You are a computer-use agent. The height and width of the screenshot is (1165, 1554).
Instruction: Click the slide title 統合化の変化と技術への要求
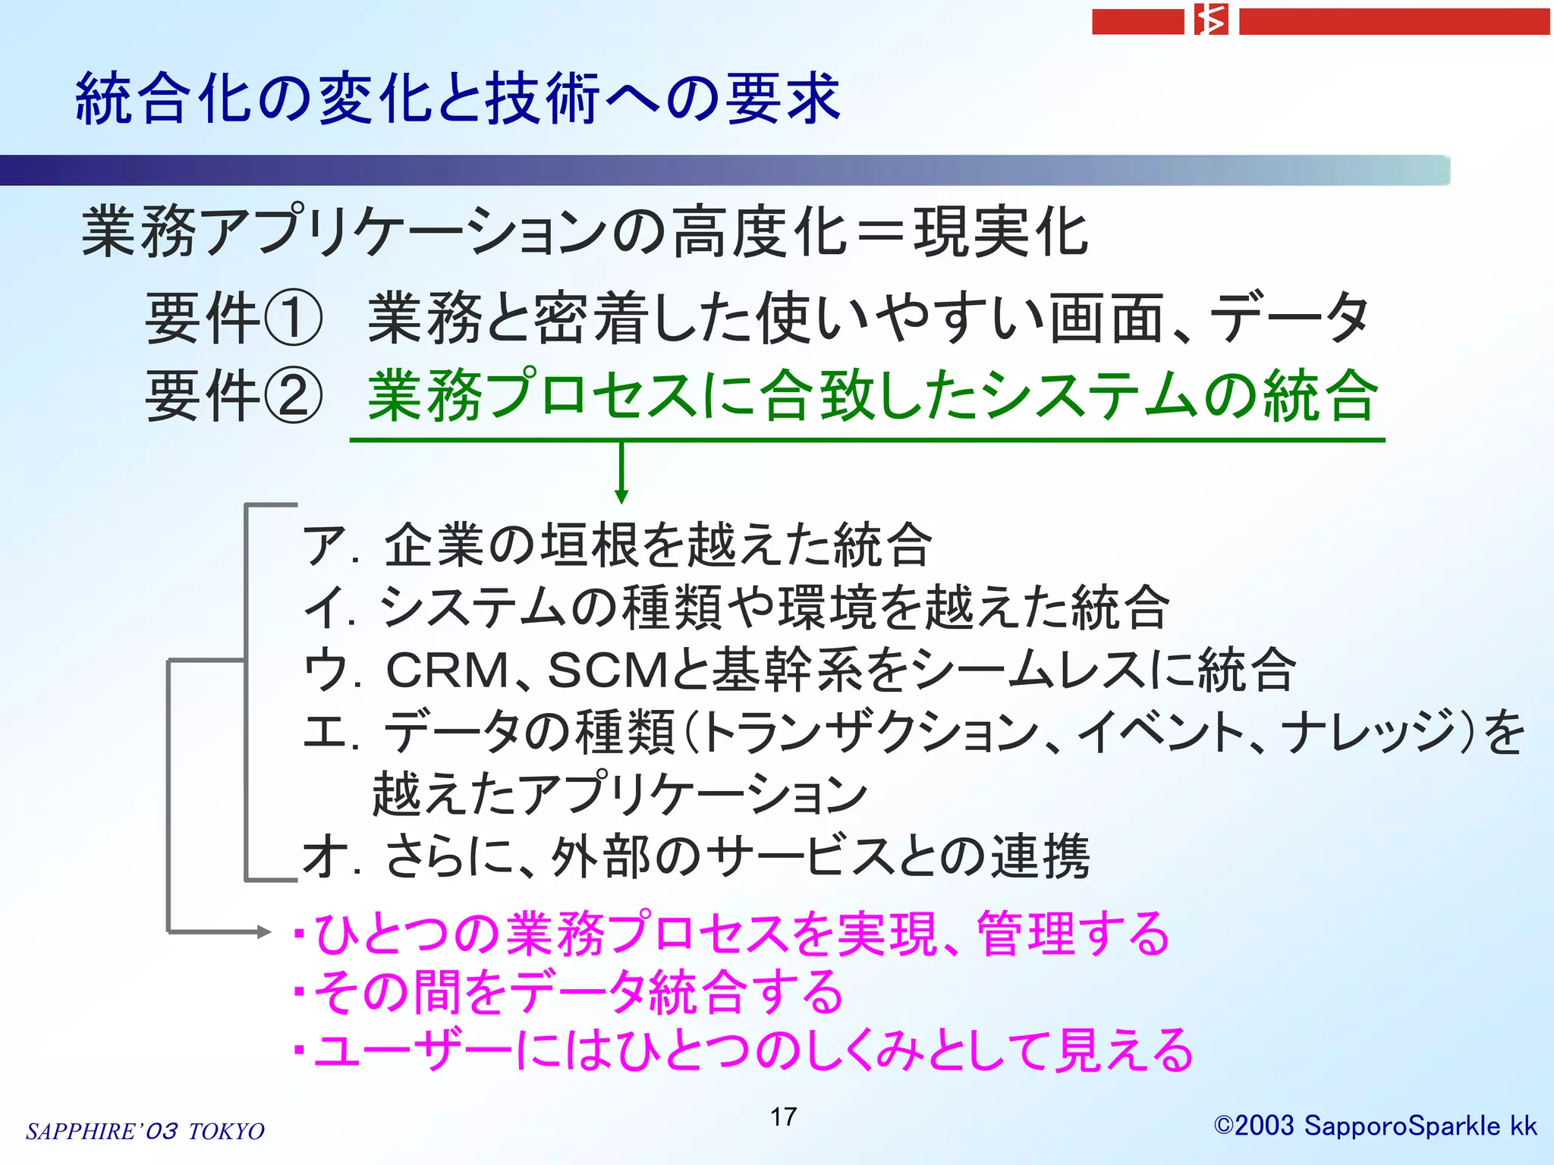[458, 99]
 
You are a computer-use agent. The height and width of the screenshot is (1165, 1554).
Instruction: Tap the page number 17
[783, 1116]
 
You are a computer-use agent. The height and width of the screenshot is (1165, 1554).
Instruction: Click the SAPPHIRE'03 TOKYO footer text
[145, 1131]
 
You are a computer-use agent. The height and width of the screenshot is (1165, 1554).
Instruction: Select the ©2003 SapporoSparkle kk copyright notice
[1375, 1126]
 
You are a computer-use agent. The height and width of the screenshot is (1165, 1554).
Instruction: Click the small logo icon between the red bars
[1211, 20]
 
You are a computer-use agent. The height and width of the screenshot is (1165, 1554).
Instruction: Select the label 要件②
[234, 396]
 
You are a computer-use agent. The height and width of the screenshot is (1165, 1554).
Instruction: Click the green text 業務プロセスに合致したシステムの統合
[873, 396]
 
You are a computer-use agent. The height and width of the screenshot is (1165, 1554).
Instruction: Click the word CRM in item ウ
[448, 670]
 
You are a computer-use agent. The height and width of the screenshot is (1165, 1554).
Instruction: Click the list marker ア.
[322, 545]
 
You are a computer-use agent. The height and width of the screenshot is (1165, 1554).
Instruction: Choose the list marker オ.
[322, 857]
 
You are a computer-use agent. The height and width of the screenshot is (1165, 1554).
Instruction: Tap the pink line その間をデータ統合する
[577, 992]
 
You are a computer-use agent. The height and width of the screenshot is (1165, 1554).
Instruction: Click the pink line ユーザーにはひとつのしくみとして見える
[751, 1051]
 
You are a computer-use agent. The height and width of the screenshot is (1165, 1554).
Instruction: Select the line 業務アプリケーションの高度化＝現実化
[584, 231]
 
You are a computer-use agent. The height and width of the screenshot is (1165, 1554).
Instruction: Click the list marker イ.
[322, 608]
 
